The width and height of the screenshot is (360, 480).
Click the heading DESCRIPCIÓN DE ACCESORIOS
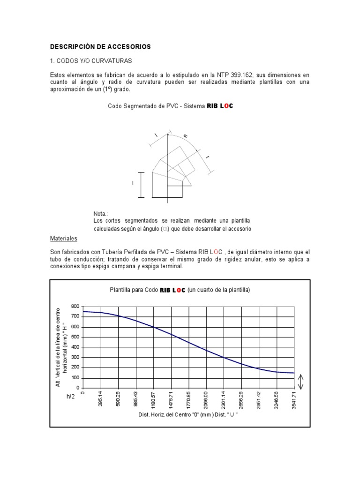[100, 47]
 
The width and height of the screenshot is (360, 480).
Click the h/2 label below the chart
[71, 397]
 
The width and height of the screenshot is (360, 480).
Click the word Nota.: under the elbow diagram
[101, 214]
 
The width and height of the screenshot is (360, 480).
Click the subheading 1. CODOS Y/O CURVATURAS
[91, 61]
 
